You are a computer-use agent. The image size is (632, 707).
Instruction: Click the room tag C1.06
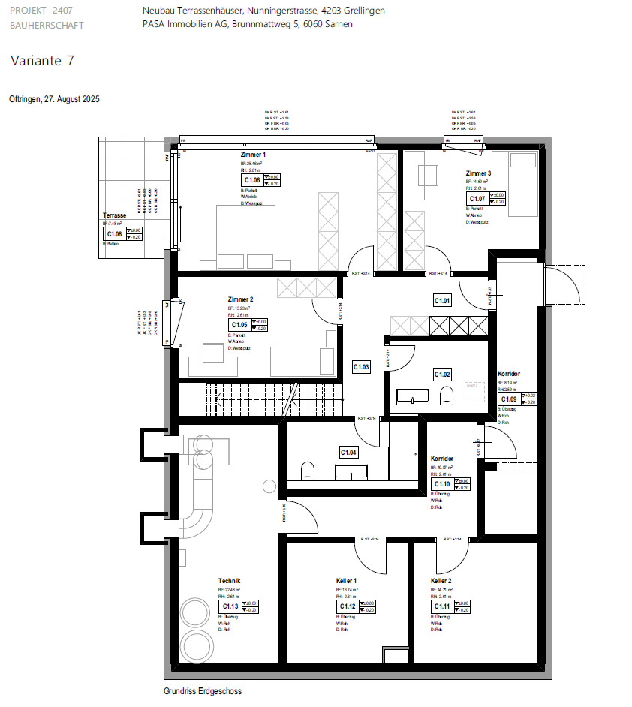[x=253, y=180]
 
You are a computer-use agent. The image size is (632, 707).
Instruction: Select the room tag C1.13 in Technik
[x=230, y=606]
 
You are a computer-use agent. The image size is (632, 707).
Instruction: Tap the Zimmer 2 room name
[x=241, y=299]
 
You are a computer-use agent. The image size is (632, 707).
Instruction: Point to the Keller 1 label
[x=346, y=582]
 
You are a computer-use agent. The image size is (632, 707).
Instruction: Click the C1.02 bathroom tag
[x=442, y=374]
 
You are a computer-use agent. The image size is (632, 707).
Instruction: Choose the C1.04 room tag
[x=348, y=453]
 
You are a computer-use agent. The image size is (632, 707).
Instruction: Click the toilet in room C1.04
[x=306, y=471]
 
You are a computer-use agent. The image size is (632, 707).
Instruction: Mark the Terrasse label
[x=114, y=215]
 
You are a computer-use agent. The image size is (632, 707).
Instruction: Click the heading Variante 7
[x=42, y=61]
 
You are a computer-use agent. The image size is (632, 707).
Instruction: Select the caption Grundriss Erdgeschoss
[x=203, y=691]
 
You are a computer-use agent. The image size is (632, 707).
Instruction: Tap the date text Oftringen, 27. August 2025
[x=54, y=99]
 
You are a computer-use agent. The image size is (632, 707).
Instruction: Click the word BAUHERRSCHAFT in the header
[x=47, y=24]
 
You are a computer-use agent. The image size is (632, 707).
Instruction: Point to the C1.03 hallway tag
[x=361, y=367]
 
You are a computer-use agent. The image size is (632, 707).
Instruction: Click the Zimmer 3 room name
[x=478, y=173]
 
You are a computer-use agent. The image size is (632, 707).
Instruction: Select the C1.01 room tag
[x=442, y=301]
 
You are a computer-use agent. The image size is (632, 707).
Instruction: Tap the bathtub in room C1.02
[x=412, y=396]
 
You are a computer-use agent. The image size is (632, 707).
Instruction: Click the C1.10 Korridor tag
[x=441, y=483]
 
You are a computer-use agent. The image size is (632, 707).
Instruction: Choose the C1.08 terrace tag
[x=114, y=234]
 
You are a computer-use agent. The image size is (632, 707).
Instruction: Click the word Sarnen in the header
[x=339, y=24]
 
